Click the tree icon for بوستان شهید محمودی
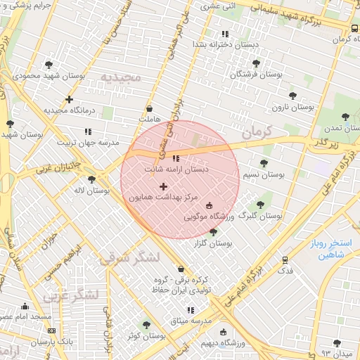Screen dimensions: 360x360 tap(48, 65)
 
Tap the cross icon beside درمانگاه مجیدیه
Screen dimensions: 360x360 tap(69, 99)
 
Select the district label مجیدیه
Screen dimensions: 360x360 tap(120, 76)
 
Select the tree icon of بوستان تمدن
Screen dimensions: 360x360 tap(345, 117)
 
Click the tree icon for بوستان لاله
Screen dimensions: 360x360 tap(91, 179)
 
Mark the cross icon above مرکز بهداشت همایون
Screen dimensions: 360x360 tap(164, 186)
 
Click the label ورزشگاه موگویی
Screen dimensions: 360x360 tap(209, 217)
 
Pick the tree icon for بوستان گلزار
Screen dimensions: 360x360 tap(213, 232)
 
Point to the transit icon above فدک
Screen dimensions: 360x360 tap(285, 259)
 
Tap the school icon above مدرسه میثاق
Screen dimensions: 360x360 tap(190, 310)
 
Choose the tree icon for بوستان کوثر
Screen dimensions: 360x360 tap(146, 325)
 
